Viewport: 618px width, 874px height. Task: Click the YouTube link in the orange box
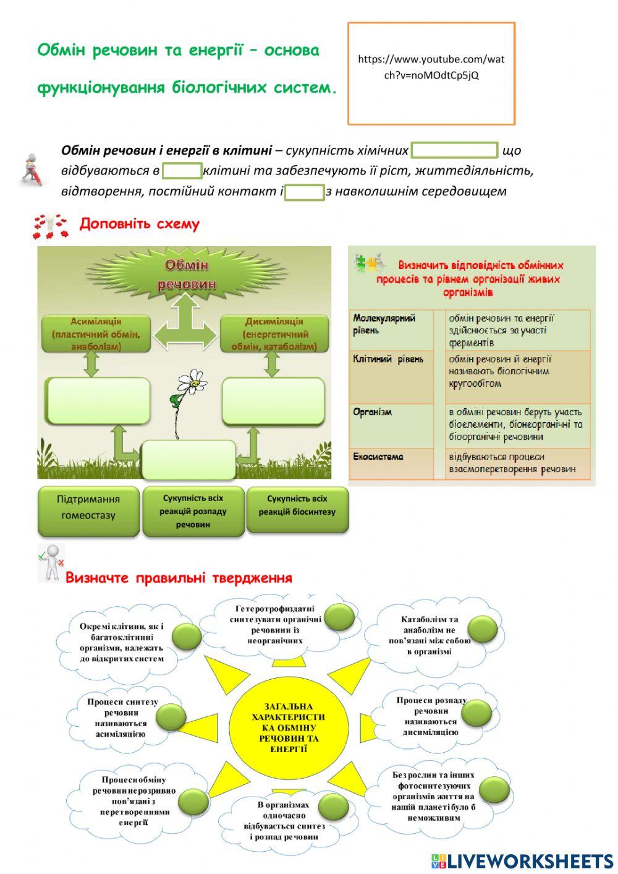[x=431, y=67]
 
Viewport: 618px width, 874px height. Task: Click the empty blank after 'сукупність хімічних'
[x=454, y=150]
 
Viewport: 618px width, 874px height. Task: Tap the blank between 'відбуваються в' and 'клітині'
[x=182, y=171]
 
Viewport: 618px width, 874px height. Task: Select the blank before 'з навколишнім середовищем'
[x=304, y=192]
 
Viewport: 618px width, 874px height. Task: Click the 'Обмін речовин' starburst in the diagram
[x=186, y=275]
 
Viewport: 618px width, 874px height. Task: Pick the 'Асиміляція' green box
[x=96, y=335]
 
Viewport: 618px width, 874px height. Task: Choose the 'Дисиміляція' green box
[x=274, y=335]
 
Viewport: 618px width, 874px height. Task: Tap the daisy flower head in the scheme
[x=193, y=381]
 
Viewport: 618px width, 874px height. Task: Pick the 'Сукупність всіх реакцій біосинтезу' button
[x=297, y=506]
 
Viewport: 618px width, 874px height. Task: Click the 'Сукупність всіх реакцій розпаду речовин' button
[x=193, y=512]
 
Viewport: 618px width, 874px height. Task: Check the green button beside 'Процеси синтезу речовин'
[x=171, y=718]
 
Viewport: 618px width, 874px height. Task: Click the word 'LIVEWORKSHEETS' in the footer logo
[x=530, y=860]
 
